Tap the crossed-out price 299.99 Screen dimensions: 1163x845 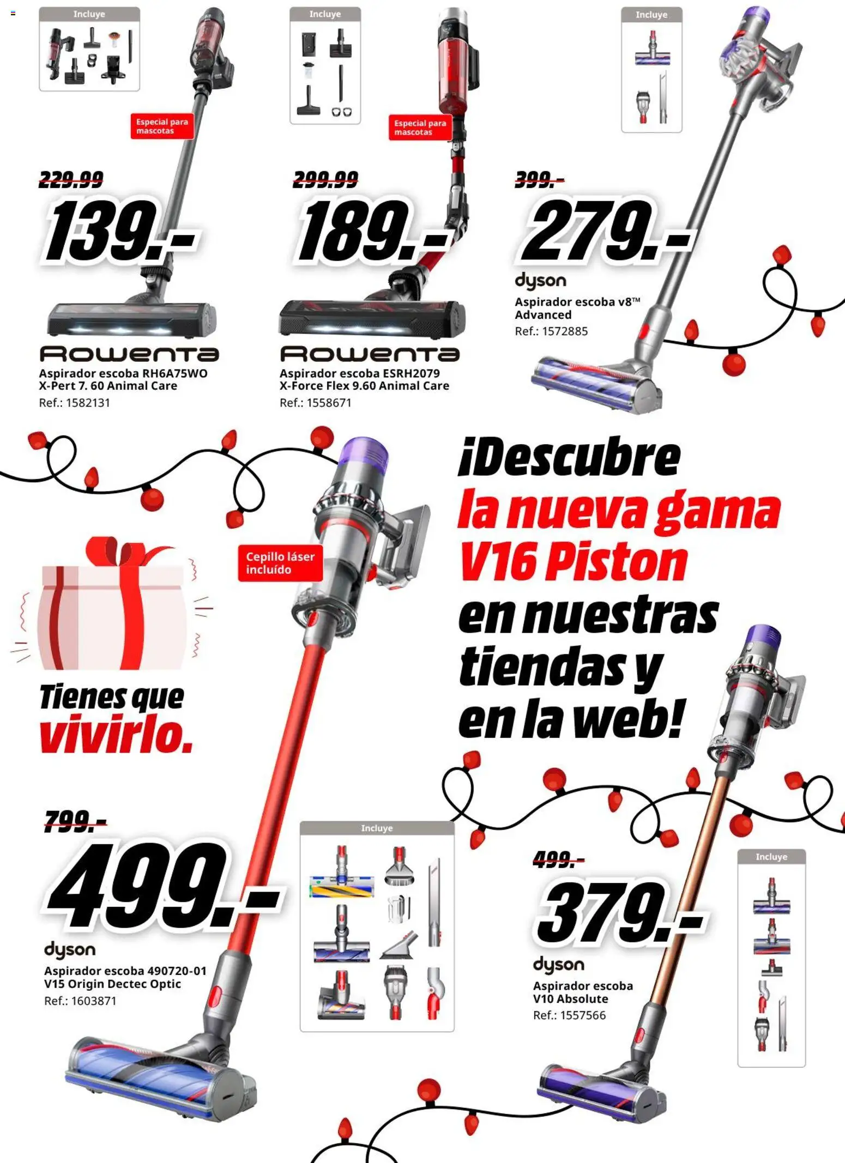[325, 179]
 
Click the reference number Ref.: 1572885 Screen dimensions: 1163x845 [551, 331]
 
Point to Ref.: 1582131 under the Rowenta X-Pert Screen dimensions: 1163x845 [74, 403]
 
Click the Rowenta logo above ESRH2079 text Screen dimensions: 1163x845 [370, 354]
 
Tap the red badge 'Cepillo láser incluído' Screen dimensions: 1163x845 [280, 563]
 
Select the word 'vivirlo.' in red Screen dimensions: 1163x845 [116, 736]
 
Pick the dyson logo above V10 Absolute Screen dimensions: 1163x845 [558, 965]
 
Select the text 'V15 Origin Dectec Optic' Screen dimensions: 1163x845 [112, 984]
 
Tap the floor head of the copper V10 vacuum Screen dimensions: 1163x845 [600, 1090]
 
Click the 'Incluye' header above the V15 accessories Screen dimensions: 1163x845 [377, 828]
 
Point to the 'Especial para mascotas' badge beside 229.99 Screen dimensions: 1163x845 [162, 126]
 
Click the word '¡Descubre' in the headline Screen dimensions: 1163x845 [569, 458]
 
